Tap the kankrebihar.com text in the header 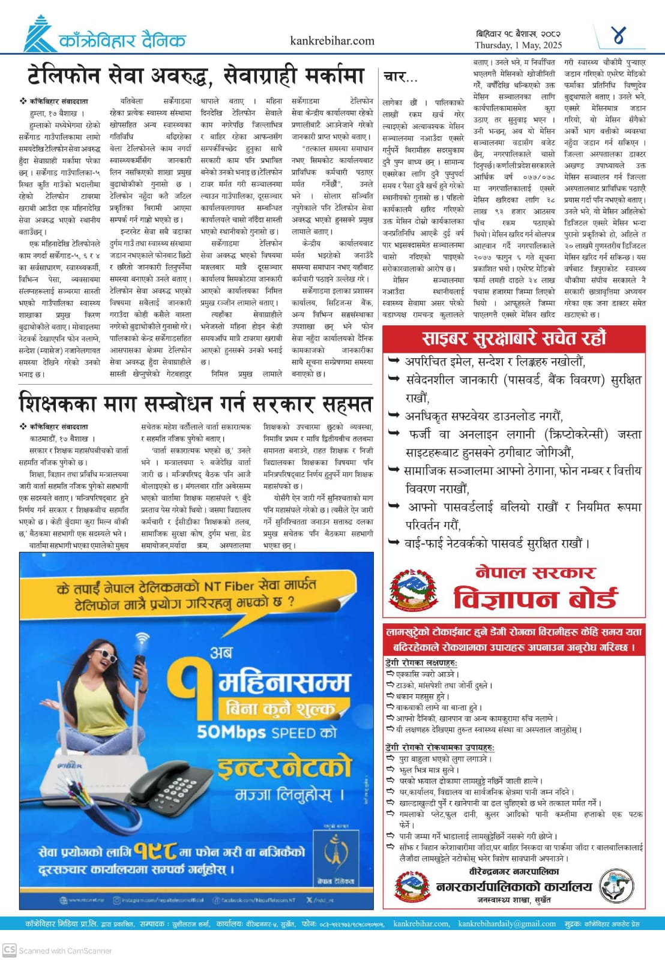(332, 41)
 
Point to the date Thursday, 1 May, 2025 (518, 45)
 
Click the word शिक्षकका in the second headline (57, 404)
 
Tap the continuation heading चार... (397, 77)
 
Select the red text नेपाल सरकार (535, 572)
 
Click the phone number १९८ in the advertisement (155, 851)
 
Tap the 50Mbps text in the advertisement (231, 733)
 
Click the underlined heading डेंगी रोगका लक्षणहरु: (421, 663)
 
